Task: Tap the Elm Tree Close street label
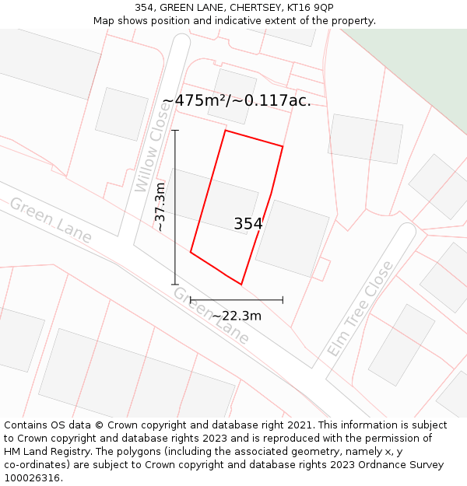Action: [360, 309]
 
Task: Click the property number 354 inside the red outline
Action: [248, 224]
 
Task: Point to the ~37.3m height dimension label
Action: [160, 207]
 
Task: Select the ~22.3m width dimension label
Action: [237, 316]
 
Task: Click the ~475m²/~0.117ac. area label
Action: [237, 100]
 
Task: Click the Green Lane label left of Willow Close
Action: [51, 220]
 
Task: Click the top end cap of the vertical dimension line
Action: [175, 130]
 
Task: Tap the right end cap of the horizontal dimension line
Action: [283, 299]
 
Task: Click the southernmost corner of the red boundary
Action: [241, 284]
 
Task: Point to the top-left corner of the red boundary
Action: [225, 131]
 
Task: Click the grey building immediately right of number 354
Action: [293, 238]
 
